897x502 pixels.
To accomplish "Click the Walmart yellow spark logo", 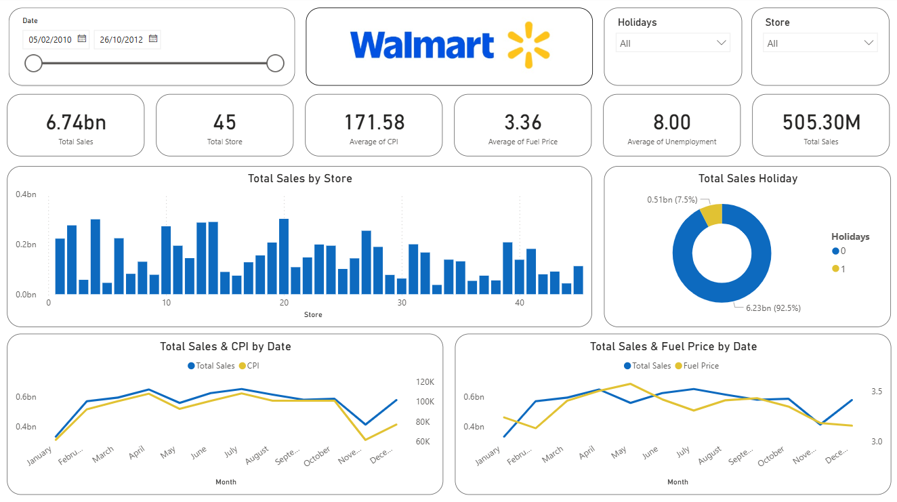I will (529, 45).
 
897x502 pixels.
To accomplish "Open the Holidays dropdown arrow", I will (721, 43).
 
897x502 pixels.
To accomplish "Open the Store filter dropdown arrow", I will (869, 43).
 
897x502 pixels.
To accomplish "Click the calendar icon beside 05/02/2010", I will (82, 39).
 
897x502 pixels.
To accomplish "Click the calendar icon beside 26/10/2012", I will (153, 39).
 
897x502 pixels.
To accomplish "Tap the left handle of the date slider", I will (33, 64).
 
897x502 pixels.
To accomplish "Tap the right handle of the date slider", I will (275, 64).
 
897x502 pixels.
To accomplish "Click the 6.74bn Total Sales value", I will (76, 123).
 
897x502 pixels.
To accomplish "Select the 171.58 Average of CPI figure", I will (374, 123).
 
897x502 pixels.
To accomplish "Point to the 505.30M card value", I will (821, 123).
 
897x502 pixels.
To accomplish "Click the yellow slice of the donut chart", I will (712, 214).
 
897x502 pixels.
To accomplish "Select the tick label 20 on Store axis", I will (284, 303).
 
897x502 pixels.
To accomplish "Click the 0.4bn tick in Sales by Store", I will (26, 195).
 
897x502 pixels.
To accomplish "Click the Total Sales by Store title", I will (299, 179).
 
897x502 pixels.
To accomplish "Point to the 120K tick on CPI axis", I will (425, 382).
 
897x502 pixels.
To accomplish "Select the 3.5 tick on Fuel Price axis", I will (876, 392).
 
